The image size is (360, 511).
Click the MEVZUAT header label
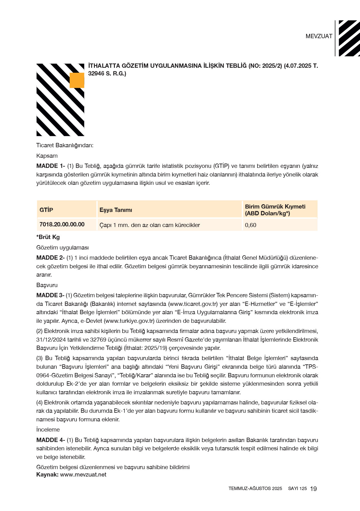(319, 36)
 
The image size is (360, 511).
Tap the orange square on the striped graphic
(77, 80)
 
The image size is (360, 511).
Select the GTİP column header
(46, 210)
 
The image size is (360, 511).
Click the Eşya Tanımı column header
(116, 210)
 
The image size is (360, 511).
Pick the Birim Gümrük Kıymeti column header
(275, 210)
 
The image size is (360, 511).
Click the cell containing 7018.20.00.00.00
(62, 225)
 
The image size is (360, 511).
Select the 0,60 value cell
(251, 225)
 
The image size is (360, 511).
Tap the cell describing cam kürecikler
(150, 225)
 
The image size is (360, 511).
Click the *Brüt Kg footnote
(48, 237)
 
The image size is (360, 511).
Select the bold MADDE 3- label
(50, 295)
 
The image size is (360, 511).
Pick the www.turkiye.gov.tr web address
(129, 321)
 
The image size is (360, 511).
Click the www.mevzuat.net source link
(83, 475)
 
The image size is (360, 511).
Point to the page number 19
(313, 489)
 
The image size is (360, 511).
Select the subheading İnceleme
(48, 430)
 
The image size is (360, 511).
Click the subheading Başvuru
(47, 285)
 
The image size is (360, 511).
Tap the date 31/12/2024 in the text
(51, 340)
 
